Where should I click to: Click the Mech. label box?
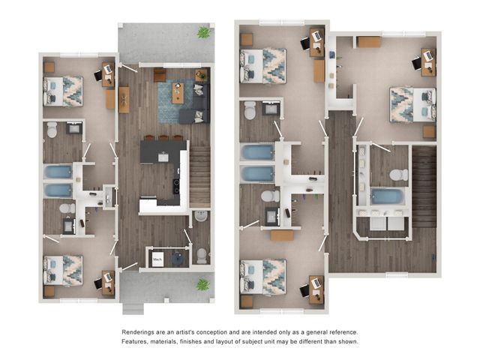(x=157, y=259)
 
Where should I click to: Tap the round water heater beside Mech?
(x=178, y=259)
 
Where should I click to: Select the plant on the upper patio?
(x=203, y=32)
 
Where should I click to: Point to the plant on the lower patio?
(x=202, y=285)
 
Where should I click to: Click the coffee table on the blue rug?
(x=178, y=93)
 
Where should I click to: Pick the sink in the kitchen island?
(x=163, y=157)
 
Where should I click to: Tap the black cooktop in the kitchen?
(x=177, y=186)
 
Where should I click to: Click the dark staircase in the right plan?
(x=424, y=187)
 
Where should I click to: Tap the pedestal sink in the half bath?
(x=201, y=216)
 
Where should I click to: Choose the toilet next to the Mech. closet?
(x=202, y=256)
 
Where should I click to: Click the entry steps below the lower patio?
(x=133, y=308)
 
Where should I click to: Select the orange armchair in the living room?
(x=160, y=75)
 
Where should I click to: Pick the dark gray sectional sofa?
(x=196, y=104)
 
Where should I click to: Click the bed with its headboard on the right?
(x=413, y=104)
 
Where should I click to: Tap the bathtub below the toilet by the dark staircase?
(x=387, y=196)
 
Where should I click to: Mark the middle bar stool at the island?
(x=163, y=138)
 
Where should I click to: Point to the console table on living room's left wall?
(x=124, y=100)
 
